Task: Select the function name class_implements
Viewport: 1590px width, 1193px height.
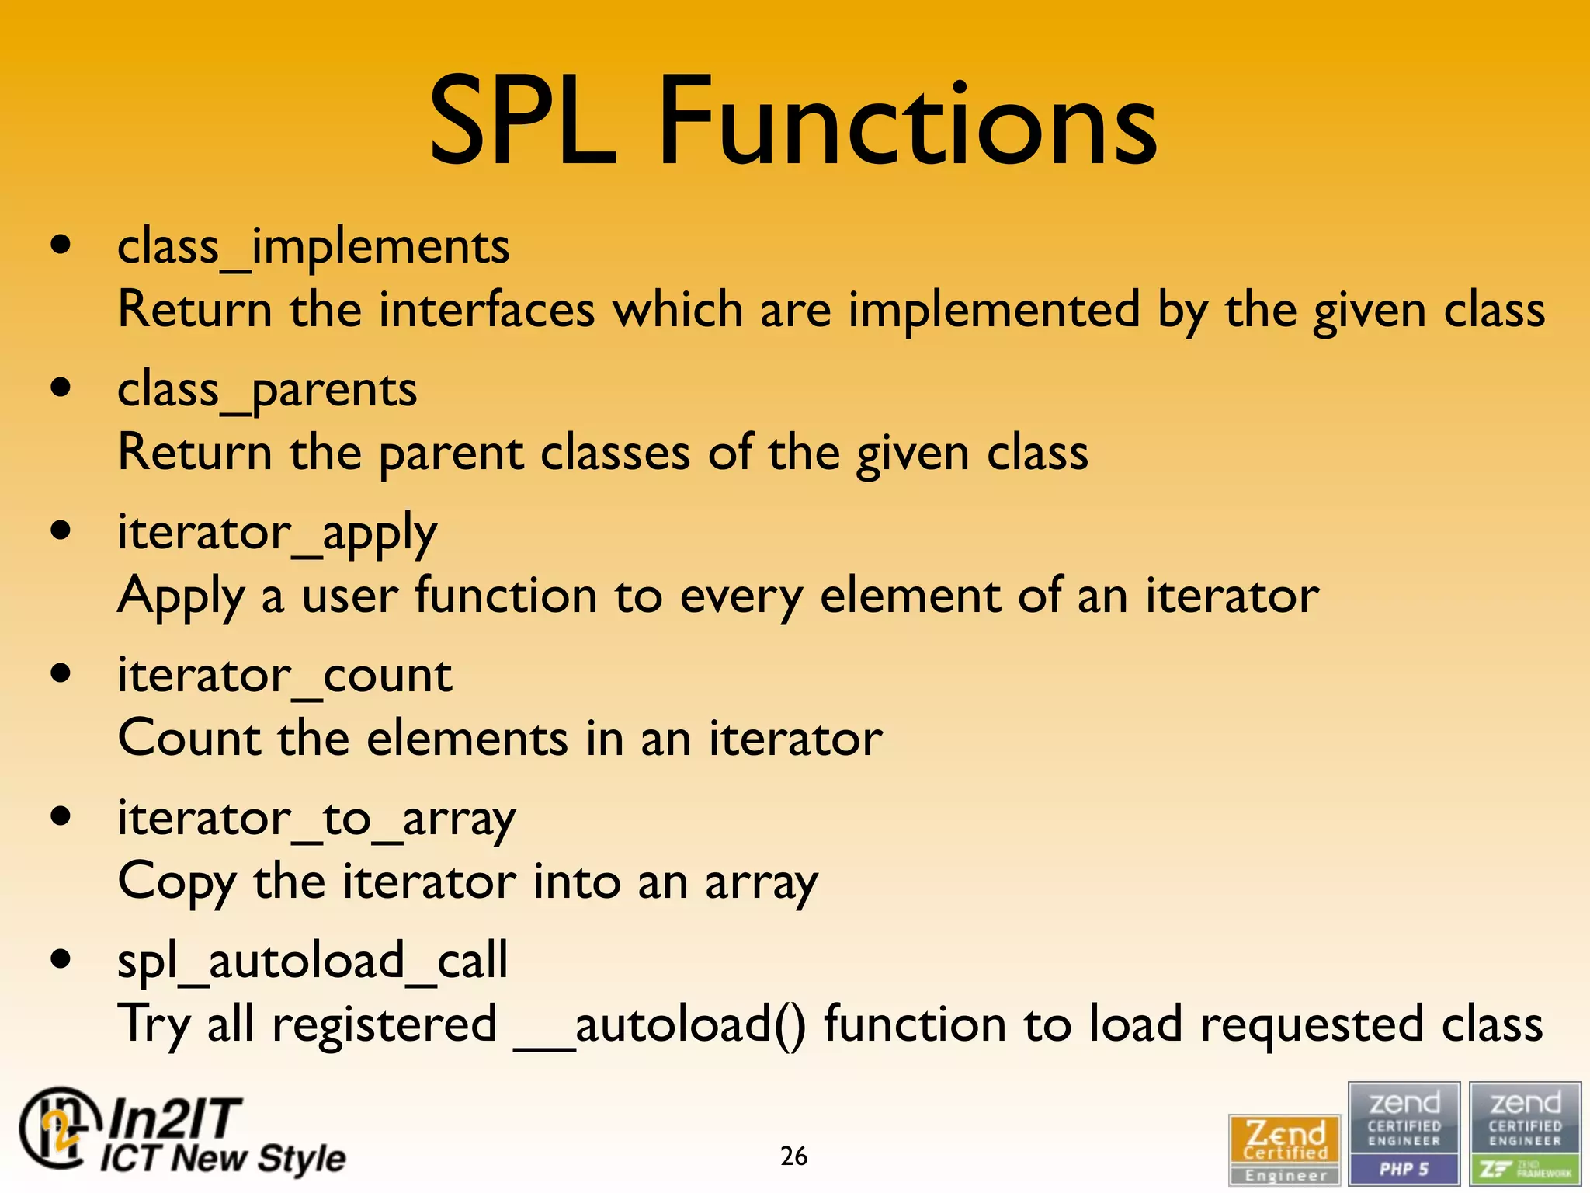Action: [x=313, y=247]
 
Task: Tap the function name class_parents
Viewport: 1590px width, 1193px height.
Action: [x=267, y=390]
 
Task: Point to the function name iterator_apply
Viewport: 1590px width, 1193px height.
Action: [x=277, y=534]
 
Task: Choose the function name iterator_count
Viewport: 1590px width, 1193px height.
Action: [x=284, y=675]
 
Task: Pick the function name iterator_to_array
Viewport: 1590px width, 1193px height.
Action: [x=316, y=819]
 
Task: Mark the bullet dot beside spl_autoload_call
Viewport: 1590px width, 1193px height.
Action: [x=61, y=960]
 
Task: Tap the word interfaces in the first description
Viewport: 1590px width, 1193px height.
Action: [x=487, y=310]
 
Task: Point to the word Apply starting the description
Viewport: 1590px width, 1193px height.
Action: [x=181, y=597]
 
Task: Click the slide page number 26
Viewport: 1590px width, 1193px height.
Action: [x=793, y=1156]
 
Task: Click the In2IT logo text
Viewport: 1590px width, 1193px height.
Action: [x=221, y=1136]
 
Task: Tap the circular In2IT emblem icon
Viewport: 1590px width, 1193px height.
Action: [x=58, y=1128]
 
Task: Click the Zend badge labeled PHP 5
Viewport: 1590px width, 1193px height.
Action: [x=1404, y=1133]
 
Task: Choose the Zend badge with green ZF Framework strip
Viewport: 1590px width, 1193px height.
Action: [x=1525, y=1133]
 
